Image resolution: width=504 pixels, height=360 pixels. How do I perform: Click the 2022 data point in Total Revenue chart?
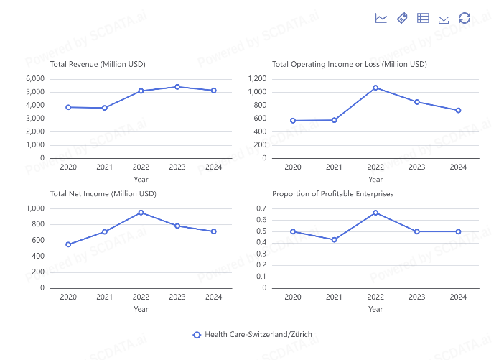[141, 91]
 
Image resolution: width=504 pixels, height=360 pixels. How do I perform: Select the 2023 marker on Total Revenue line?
[177, 87]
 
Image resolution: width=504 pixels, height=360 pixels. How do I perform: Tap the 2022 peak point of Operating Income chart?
[375, 88]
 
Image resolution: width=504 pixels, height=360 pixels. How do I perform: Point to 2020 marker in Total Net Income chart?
[68, 244]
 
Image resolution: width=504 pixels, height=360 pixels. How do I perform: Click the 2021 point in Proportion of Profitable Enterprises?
[334, 239]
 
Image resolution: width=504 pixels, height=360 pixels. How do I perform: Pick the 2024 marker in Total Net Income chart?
[213, 231]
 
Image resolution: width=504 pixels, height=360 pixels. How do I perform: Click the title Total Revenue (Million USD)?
[98, 64]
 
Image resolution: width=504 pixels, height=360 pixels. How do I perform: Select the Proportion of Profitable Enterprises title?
[332, 194]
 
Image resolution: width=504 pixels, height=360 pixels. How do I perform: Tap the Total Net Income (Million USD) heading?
[103, 194]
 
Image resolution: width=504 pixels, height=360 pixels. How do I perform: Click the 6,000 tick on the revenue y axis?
[35, 78]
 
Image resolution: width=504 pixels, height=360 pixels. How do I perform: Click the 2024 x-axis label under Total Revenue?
[213, 167]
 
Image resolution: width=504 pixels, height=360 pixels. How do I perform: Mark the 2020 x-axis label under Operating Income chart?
[293, 167]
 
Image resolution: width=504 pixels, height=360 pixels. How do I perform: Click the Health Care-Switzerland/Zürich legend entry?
[253, 335]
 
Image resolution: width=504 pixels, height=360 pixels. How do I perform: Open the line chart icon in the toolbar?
[381, 18]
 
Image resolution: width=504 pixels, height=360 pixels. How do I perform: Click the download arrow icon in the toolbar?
[444, 18]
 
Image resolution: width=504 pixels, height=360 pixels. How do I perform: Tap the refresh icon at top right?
[465, 18]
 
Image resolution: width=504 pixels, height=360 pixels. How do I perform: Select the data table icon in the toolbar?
[423, 18]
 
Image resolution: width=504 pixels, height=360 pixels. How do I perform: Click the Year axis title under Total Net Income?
[141, 309]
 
